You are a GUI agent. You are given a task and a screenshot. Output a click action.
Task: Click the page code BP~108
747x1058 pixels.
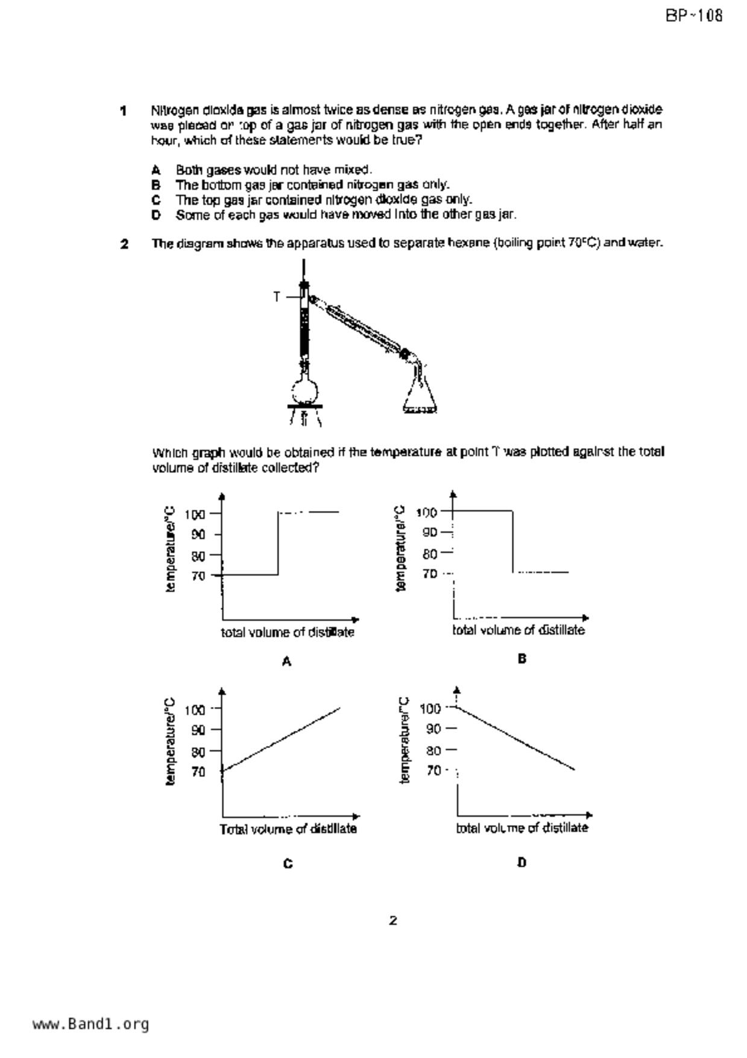(694, 16)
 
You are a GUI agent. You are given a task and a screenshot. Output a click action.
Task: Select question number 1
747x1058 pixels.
(124, 111)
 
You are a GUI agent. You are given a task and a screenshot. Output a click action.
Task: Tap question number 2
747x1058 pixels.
(124, 244)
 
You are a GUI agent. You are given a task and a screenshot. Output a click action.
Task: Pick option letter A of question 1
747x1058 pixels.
(156, 170)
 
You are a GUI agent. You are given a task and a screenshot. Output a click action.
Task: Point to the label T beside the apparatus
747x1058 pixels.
(277, 297)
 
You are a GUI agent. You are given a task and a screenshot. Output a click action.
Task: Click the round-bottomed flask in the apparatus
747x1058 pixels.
(304, 391)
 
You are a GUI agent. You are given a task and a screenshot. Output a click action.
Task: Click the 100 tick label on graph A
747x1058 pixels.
(195, 515)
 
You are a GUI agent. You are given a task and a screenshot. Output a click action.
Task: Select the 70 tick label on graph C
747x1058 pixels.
(198, 771)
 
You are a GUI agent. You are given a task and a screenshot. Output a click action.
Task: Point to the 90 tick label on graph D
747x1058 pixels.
(433, 729)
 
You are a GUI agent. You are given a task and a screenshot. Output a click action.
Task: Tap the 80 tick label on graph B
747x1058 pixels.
(429, 554)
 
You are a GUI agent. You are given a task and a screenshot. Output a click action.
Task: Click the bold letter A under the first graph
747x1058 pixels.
(287, 662)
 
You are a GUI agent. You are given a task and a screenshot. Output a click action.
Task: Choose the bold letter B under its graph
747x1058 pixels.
(522, 659)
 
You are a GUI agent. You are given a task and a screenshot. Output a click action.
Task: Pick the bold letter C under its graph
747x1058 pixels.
(288, 864)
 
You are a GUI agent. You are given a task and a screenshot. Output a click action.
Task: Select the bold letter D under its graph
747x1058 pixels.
(522, 863)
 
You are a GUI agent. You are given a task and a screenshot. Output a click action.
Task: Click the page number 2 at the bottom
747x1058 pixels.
(393, 920)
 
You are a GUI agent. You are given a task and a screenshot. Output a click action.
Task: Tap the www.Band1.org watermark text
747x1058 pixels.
(90, 1024)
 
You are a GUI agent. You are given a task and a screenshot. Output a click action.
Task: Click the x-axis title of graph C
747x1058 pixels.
(288, 829)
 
